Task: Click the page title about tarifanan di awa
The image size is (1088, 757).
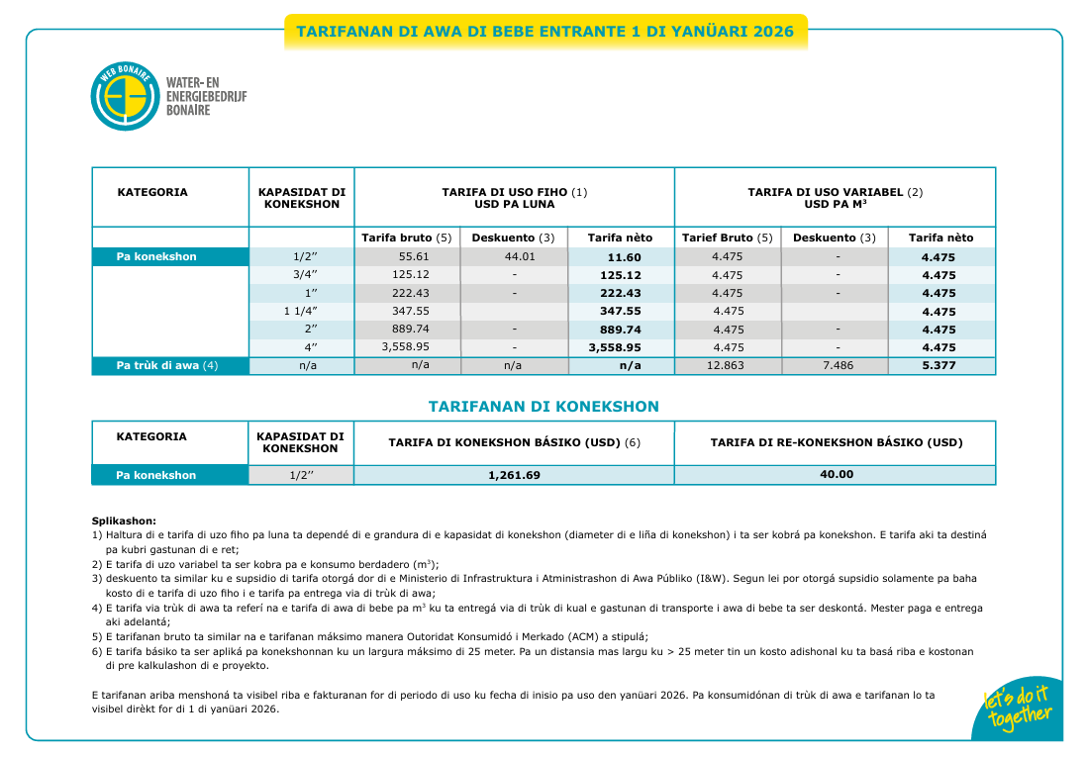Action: [545, 32]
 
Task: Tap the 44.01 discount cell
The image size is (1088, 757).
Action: [513, 256]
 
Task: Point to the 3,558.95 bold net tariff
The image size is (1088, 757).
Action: [614, 348]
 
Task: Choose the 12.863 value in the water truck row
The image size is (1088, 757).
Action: [727, 365]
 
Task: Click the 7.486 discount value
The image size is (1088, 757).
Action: [838, 365]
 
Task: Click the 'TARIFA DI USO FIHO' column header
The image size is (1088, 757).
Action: [514, 198]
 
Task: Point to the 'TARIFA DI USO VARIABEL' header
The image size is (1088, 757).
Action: [835, 198]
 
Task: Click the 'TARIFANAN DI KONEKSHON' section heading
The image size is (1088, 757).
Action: [544, 407]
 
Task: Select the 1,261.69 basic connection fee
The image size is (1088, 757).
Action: [514, 476]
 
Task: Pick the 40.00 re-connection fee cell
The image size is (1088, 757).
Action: [836, 475]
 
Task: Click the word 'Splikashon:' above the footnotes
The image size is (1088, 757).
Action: [124, 520]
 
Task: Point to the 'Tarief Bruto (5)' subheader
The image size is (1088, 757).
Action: [727, 237]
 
